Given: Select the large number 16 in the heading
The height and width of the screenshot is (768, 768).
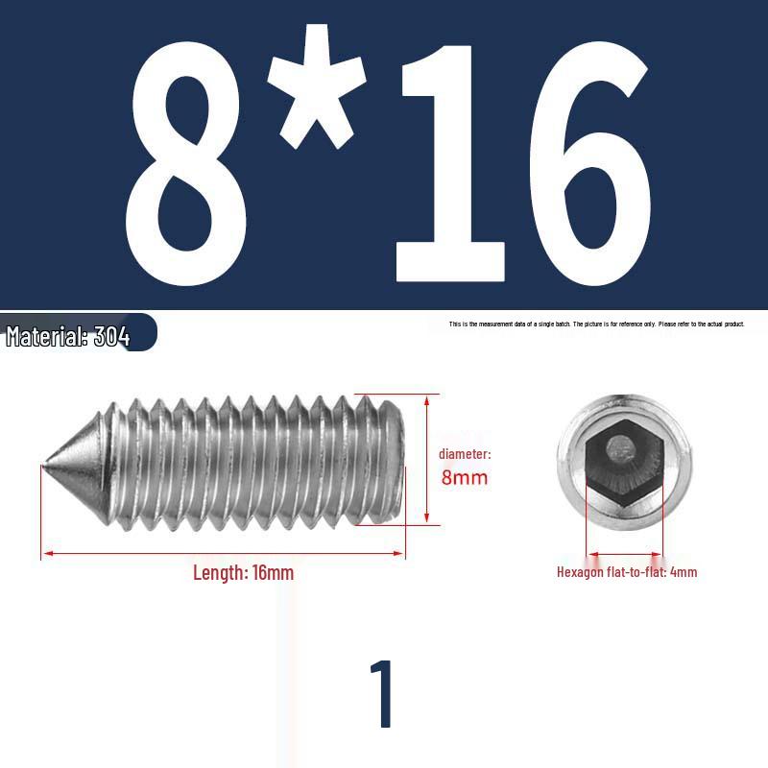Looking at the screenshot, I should (x=523, y=159).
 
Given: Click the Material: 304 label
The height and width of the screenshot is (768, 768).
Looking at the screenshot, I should (x=68, y=337).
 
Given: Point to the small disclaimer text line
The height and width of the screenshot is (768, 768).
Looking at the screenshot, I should (x=596, y=324).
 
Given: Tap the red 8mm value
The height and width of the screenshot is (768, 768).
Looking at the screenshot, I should (x=464, y=477).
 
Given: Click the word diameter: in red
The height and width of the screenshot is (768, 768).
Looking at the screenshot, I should (x=465, y=453).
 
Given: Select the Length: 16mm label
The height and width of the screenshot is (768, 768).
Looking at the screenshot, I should (x=243, y=573).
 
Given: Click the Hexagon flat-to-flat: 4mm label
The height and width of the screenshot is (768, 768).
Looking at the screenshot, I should (x=627, y=572).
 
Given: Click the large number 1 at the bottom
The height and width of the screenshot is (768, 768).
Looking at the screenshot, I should (x=383, y=694).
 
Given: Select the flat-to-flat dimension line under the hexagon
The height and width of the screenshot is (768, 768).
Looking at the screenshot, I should (x=624, y=554).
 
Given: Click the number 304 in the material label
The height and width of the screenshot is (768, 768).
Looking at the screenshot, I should (x=112, y=337).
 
